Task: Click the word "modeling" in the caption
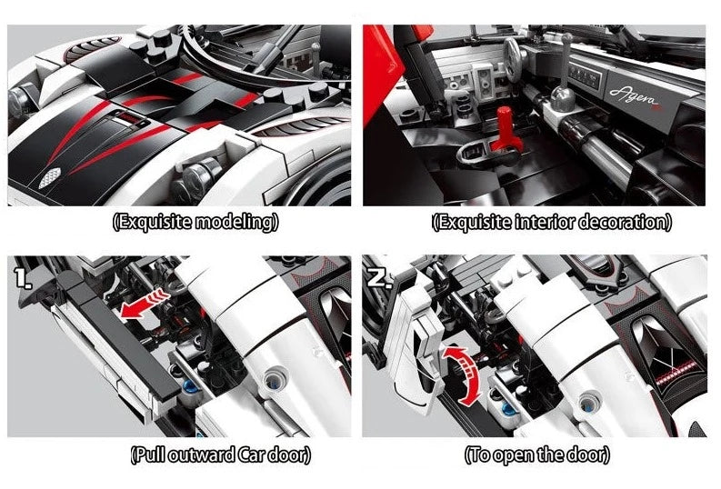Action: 234,222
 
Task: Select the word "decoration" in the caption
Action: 621,222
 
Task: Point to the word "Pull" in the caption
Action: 151,455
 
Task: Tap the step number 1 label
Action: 21,277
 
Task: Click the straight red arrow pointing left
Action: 144,303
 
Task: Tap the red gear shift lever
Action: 503,128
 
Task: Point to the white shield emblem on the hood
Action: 50,178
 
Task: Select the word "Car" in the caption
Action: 252,455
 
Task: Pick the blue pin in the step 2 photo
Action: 508,408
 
